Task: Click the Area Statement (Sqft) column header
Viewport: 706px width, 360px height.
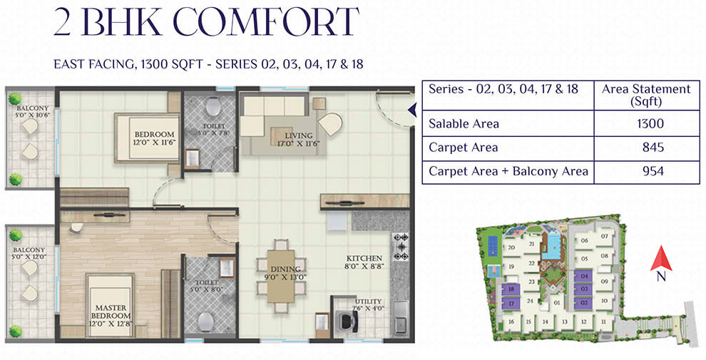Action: [646, 96]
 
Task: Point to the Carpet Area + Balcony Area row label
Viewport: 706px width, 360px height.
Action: [508, 171]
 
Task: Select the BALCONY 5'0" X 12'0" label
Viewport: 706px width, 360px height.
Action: [30, 254]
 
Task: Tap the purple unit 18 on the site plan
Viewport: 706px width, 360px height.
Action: [511, 290]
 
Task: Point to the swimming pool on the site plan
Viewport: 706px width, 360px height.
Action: [549, 250]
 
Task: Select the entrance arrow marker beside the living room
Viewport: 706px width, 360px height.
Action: [411, 109]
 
